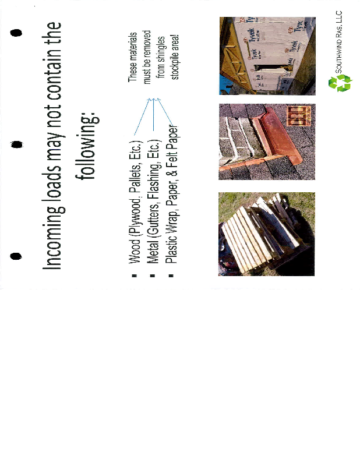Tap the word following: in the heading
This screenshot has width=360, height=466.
point(87,147)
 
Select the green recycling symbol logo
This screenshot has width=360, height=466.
point(340,83)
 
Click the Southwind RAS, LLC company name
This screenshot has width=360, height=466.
point(338,42)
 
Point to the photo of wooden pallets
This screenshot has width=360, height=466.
point(266,234)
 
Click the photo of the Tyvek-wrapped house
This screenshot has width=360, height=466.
point(267,56)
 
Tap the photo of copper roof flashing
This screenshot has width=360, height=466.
point(267,142)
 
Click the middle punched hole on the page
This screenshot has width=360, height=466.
point(17,144)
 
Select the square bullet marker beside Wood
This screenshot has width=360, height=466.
point(135,276)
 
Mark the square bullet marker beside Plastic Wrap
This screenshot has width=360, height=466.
point(171,276)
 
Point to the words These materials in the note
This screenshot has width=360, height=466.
point(132,57)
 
